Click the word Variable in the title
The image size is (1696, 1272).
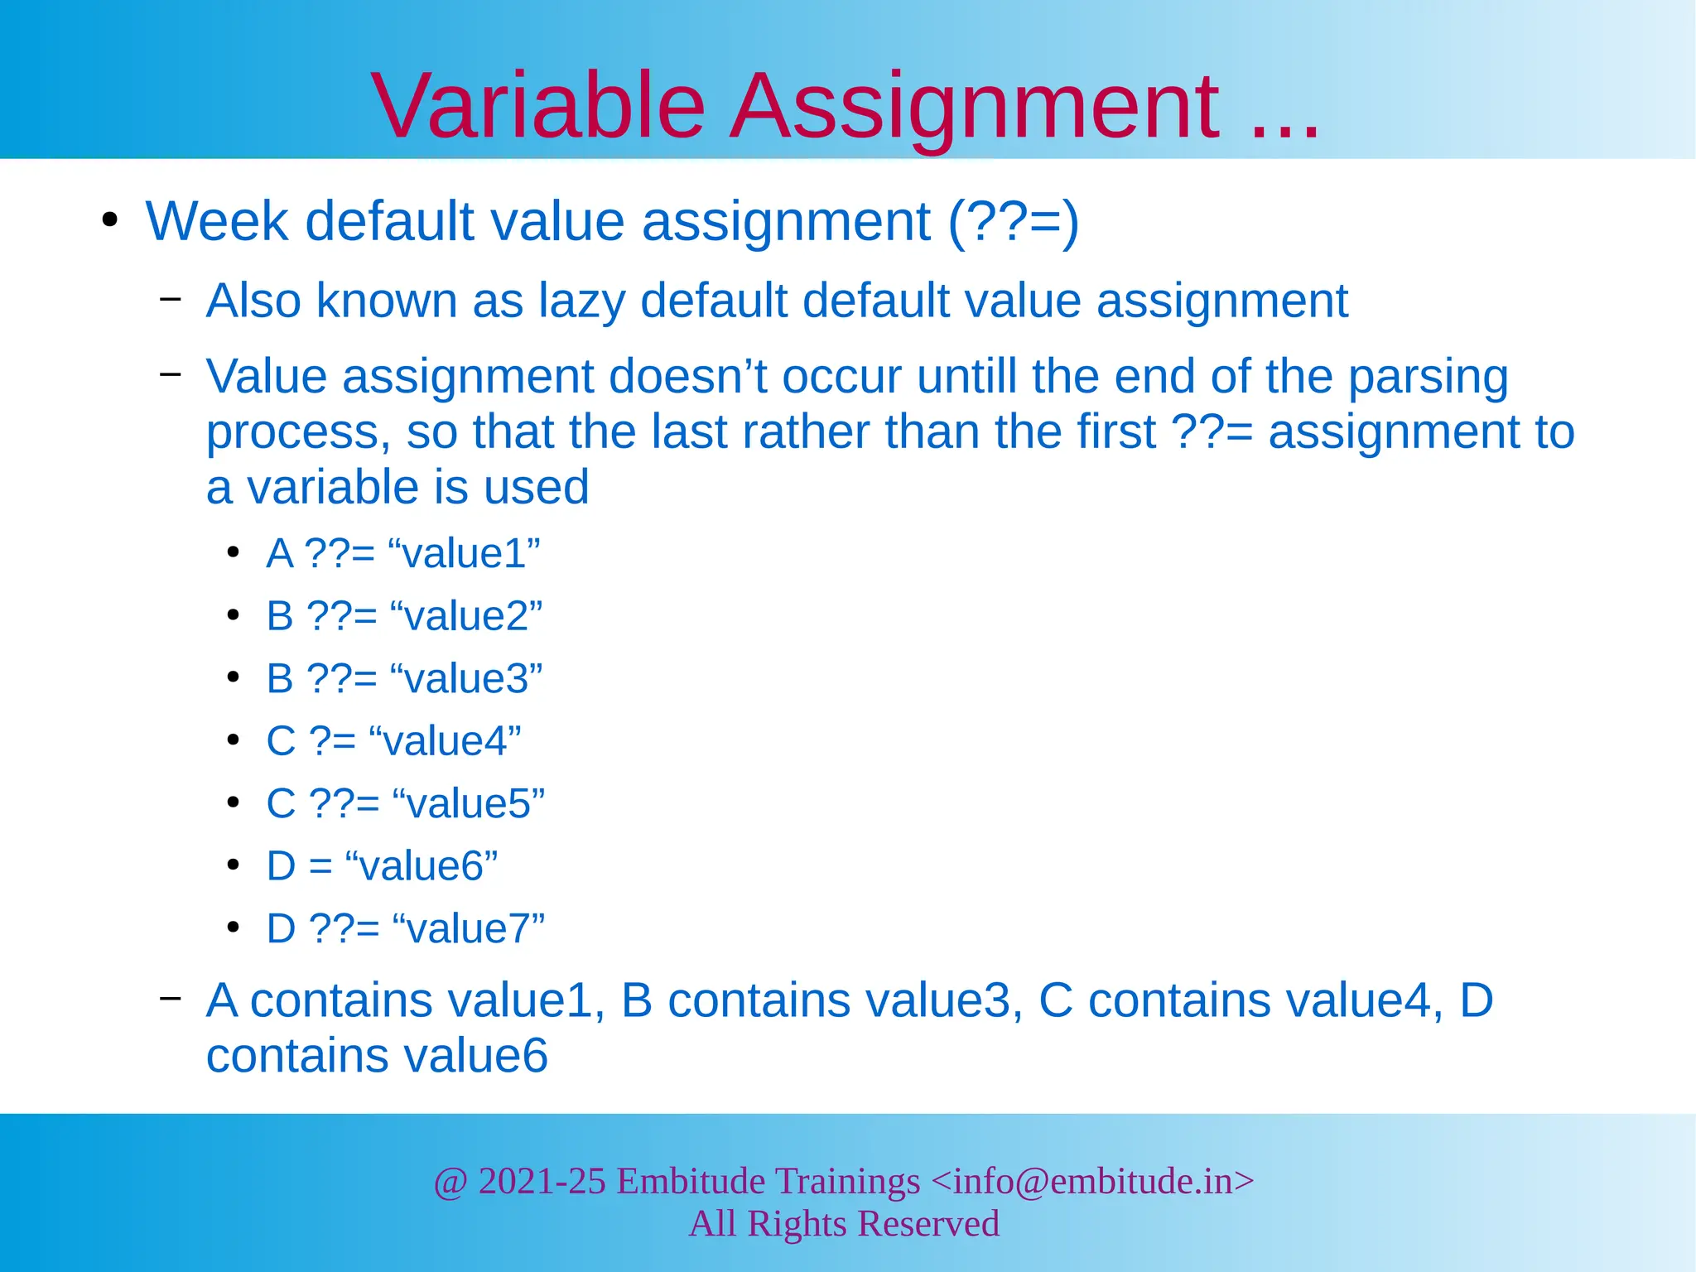pyautogui.click(x=538, y=106)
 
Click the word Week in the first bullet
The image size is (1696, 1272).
pyautogui.click(x=217, y=222)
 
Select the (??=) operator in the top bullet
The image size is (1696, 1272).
pyautogui.click(x=1013, y=222)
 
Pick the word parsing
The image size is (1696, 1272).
pyautogui.click(x=1428, y=377)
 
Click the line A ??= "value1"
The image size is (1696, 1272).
pyautogui.click(x=402, y=553)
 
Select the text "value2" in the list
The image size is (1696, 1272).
pyautogui.click(x=465, y=616)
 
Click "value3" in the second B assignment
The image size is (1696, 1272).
pyautogui.click(x=465, y=679)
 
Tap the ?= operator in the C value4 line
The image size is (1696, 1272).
pyautogui.click(x=332, y=741)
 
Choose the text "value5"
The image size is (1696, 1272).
pyautogui.click(x=468, y=804)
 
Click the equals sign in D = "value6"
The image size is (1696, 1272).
pyautogui.click(x=320, y=866)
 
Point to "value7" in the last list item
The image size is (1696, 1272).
pyautogui.click(x=468, y=929)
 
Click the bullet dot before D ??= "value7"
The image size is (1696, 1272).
pyautogui.click(x=234, y=927)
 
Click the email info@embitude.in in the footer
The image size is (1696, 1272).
pyautogui.click(x=1092, y=1181)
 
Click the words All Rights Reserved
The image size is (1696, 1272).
pyautogui.click(x=844, y=1224)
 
